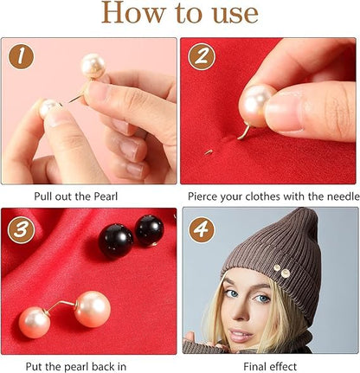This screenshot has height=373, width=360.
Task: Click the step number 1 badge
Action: coord(21,56)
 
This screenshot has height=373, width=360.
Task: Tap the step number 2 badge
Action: coord(202,56)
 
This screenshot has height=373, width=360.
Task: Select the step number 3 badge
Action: coord(22,230)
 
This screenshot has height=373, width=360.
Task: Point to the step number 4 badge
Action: coord(202,230)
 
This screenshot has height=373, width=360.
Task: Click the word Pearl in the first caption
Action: coord(106,196)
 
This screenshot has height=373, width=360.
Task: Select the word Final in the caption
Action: coord(254,367)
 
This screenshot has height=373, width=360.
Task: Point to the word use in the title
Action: coord(235,15)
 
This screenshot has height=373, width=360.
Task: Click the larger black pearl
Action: coord(116,241)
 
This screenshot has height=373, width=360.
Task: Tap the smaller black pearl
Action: coord(149,230)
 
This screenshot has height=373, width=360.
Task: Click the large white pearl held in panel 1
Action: coord(93,66)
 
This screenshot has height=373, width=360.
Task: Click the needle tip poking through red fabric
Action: coord(209,151)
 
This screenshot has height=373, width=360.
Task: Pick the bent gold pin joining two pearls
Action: coord(60,305)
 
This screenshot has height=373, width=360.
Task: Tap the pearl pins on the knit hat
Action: coord(282,271)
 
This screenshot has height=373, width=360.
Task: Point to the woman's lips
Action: coord(241,336)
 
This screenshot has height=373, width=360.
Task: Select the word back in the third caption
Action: coord(100,367)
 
